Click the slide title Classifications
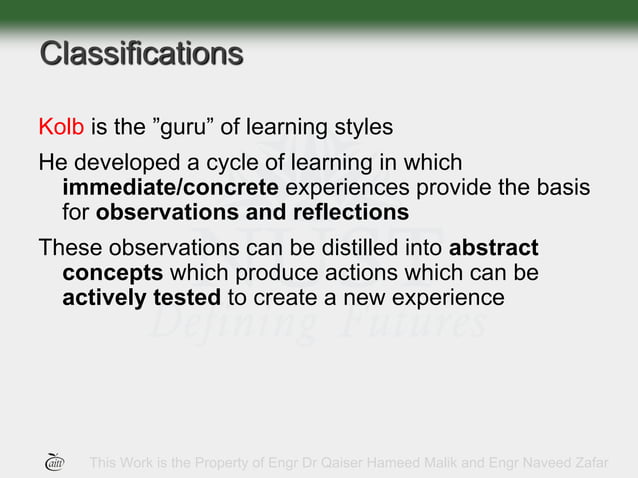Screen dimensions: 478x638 tap(140, 53)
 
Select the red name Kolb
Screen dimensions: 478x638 tap(62, 128)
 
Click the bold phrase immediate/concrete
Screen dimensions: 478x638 tap(170, 188)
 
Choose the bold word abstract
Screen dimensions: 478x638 tap(494, 248)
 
